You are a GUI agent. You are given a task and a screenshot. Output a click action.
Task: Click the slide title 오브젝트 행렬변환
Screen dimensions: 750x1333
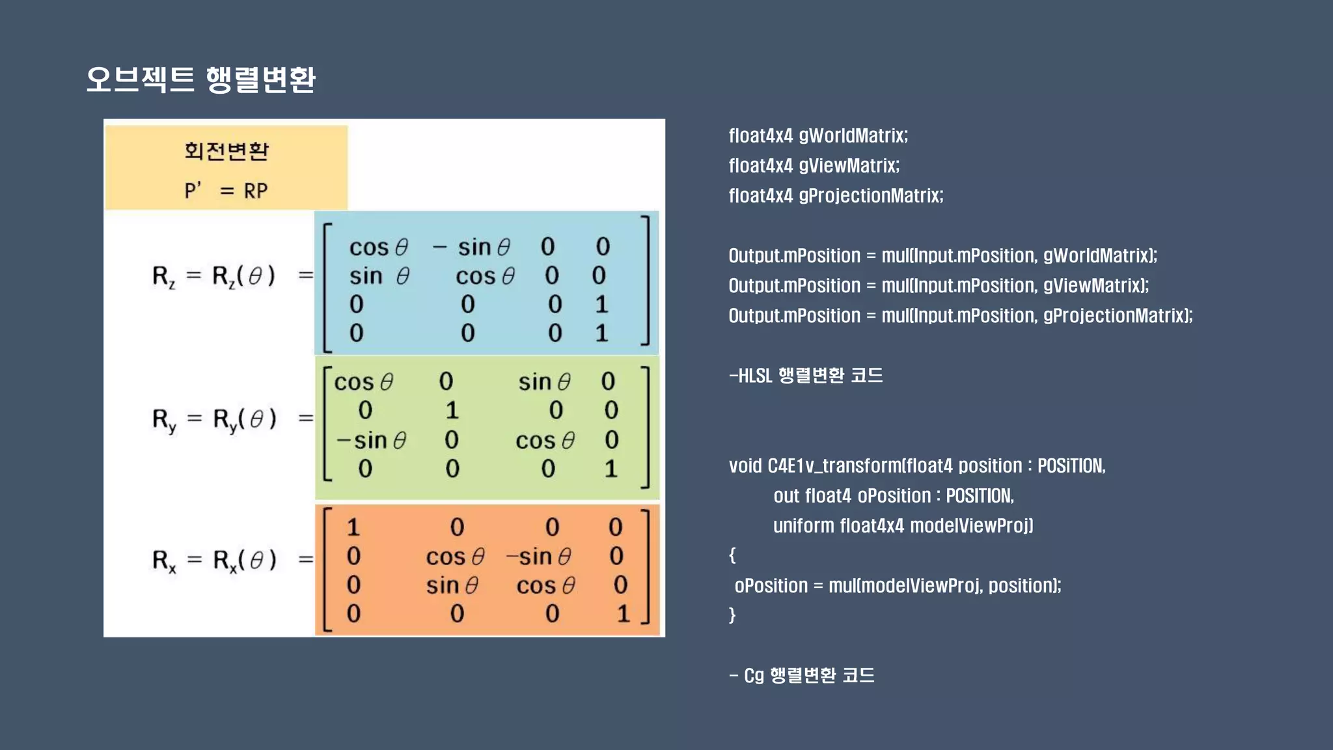click(200, 79)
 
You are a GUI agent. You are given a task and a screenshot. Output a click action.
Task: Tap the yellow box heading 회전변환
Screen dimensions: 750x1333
click(226, 150)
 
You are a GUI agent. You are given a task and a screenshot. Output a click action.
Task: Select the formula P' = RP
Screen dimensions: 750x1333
click(226, 191)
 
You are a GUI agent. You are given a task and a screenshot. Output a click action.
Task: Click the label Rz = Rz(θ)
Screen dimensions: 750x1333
click(213, 276)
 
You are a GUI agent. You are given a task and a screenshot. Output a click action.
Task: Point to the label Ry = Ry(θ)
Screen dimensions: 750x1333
click(214, 419)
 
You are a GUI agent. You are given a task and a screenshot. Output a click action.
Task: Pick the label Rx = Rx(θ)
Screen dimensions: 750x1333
click(214, 560)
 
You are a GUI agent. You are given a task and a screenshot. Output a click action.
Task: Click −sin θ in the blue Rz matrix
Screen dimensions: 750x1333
click(472, 247)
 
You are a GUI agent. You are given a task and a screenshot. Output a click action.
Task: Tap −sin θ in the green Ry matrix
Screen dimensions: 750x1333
click(371, 441)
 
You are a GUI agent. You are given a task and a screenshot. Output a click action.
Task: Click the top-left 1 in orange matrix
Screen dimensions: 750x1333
click(353, 527)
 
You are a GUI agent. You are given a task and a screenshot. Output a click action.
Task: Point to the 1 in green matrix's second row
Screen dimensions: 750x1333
click(452, 410)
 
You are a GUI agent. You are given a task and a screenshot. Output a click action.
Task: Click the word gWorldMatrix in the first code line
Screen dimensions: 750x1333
click(853, 135)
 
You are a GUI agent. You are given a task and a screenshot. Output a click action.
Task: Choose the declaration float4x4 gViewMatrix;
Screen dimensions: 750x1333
click(814, 165)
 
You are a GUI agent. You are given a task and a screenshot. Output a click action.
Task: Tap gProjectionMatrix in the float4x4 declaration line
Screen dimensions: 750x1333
click(870, 195)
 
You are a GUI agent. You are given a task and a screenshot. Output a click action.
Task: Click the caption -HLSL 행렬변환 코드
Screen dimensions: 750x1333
click(806, 376)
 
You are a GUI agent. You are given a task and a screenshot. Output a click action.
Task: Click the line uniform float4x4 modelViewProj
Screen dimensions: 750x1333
click(903, 525)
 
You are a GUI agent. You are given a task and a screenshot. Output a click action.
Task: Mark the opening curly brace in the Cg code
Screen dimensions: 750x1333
click(732, 555)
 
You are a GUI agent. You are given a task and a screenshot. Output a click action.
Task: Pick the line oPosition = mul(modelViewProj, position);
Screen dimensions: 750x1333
click(898, 585)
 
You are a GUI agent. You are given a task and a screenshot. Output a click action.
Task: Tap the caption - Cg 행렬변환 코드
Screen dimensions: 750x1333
click(802, 675)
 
